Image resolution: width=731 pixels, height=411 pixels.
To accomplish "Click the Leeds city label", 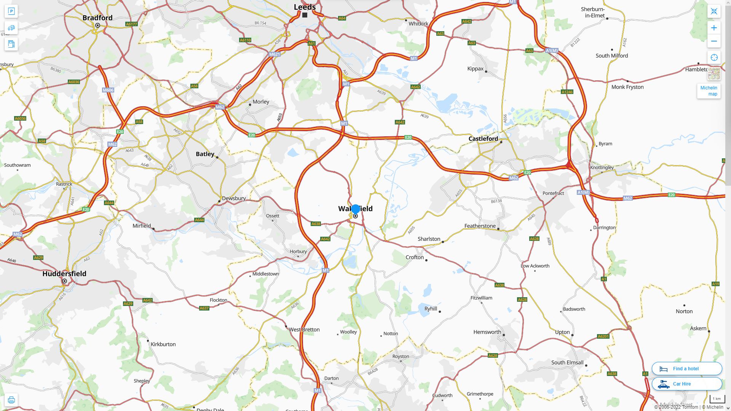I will coord(305,7).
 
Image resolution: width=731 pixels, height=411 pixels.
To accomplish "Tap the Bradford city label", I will coord(97,18).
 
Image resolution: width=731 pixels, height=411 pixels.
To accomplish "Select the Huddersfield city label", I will coord(64,274).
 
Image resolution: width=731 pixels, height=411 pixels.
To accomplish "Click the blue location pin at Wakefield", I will coord(355,209).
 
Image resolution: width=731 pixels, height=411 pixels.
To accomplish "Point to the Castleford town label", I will coord(483,139).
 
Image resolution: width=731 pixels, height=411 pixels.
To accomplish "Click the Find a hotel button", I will coord(686,369).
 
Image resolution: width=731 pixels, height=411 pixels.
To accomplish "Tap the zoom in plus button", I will coord(714,28).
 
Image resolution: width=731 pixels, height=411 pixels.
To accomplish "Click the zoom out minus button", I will coord(714,41).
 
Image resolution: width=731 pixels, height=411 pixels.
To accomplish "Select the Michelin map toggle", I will coord(709,91).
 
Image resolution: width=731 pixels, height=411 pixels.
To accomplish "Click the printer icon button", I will coord(11,400).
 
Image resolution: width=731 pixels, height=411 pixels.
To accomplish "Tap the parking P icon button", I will coord(11,11).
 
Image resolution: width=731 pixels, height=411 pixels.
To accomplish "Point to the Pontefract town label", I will coord(553,193).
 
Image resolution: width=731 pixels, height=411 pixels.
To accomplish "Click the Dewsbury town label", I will coord(234,198).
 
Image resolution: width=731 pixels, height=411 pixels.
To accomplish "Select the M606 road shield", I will coord(108,90).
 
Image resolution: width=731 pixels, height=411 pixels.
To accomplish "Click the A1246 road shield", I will coord(567,92).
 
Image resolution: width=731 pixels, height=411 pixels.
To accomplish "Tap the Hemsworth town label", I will coord(487,332).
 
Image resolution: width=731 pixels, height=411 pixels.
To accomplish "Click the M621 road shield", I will coord(275,54).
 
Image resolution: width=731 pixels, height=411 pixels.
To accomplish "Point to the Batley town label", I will coord(205,154).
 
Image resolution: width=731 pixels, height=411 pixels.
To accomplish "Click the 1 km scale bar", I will coord(717,399).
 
